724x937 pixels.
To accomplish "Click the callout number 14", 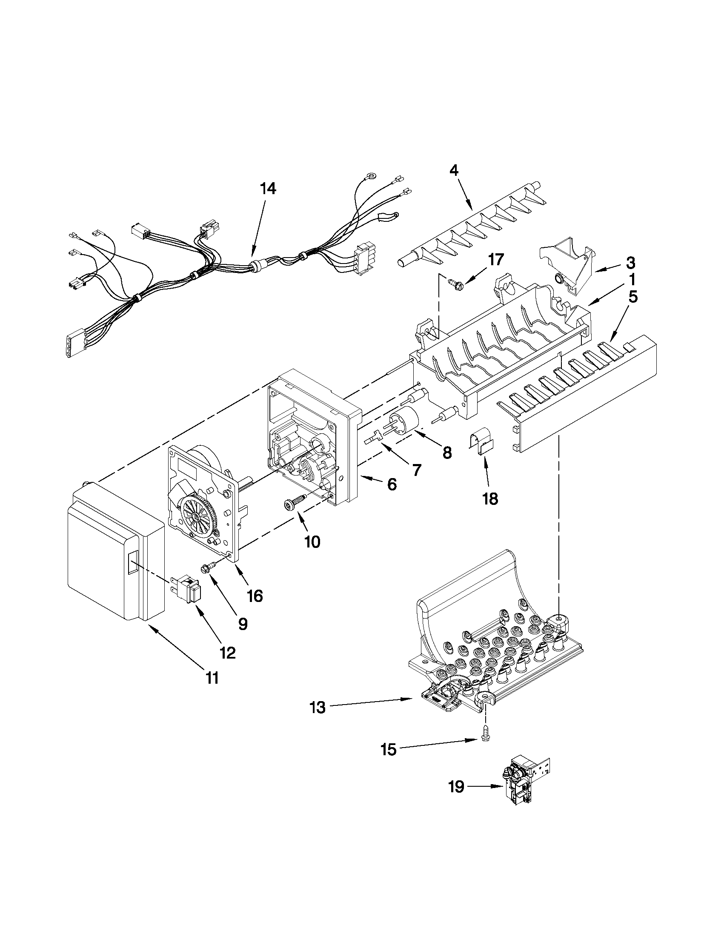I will pyautogui.click(x=268, y=189).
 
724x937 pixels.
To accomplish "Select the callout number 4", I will pyautogui.click(x=454, y=170).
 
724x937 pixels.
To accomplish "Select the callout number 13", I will pyautogui.click(x=318, y=708).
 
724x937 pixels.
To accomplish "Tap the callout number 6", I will pyautogui.click(x=392, y=485).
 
